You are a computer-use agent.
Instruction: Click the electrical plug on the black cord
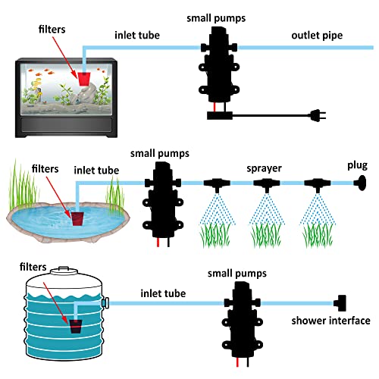(318, 115)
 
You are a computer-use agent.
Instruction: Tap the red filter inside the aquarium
(84, 79)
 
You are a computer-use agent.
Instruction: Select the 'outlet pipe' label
(317, 36)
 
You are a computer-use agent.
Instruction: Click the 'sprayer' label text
(264, 168)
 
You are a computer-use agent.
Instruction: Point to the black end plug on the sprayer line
(360, 183)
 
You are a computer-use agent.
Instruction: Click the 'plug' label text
(357, 166)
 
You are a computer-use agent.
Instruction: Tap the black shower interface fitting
(340, 303)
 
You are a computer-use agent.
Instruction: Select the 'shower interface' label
(330, 321)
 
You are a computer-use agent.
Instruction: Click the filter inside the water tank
(76, 327)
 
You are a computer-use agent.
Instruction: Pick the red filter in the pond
(77, 219)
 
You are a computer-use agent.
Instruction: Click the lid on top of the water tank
(64, 271)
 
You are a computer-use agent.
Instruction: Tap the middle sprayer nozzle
(267, 184)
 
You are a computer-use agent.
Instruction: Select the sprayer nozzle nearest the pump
(217, 184)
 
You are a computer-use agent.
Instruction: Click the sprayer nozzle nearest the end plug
(318, 184)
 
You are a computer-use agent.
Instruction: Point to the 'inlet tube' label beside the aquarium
(137, 35)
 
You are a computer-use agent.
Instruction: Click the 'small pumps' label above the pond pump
(160, 154)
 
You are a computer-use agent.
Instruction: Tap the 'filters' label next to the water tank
(33, 267)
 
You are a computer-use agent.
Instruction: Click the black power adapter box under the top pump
(220, 115)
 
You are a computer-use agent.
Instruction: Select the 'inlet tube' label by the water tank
(163, 293)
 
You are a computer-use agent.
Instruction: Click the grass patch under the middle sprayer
(266, 235)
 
